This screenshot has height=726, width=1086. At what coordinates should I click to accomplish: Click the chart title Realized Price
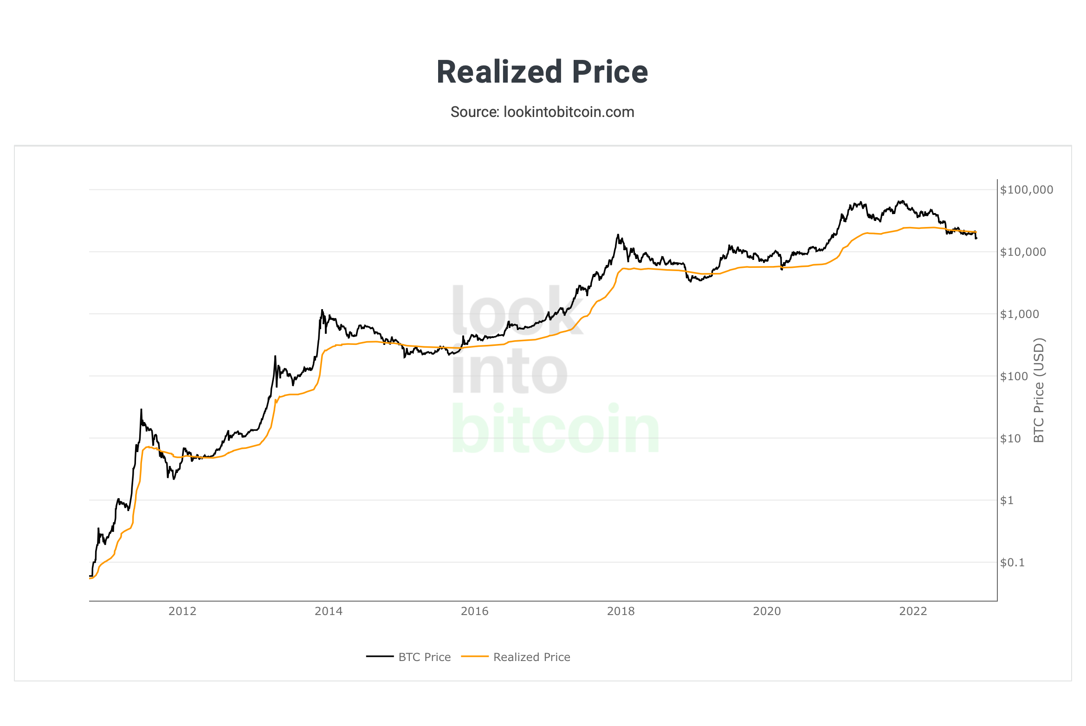coord(542,72)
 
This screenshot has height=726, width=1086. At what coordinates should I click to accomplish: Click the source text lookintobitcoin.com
coord(542,112)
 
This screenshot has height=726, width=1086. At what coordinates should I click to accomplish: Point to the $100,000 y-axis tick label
coord(1026,190)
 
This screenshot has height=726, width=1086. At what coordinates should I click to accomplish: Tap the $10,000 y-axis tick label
coord(1022,252)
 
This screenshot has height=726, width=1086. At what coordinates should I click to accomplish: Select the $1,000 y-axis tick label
coord(1019,314)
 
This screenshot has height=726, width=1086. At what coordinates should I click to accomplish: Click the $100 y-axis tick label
coord(1014,376)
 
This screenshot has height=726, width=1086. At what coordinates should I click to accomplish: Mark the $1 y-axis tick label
coord(1007,500)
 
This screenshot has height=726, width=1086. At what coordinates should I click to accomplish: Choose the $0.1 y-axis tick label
coord(1012,563)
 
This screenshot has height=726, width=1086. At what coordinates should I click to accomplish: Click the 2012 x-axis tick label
coord(182,611)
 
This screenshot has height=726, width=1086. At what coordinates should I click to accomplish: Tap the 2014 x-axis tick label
coord(329,611)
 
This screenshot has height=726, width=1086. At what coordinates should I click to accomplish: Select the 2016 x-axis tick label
coord(474,611)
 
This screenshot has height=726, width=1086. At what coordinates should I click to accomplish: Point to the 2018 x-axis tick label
coord(621,611)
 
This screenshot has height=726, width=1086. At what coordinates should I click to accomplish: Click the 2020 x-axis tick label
coord(767,611)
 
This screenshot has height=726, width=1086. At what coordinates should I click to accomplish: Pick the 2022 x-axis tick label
coord(913,611)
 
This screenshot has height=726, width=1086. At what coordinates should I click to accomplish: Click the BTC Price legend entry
coord(424,657)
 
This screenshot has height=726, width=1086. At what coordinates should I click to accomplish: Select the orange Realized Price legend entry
coord(531,657)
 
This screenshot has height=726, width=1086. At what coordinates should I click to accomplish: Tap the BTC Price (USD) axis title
coord(1039,390)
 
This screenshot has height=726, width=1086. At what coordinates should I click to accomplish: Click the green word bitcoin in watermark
coord(555,429)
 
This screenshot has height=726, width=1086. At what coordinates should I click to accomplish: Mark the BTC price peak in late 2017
coord(618,235)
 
